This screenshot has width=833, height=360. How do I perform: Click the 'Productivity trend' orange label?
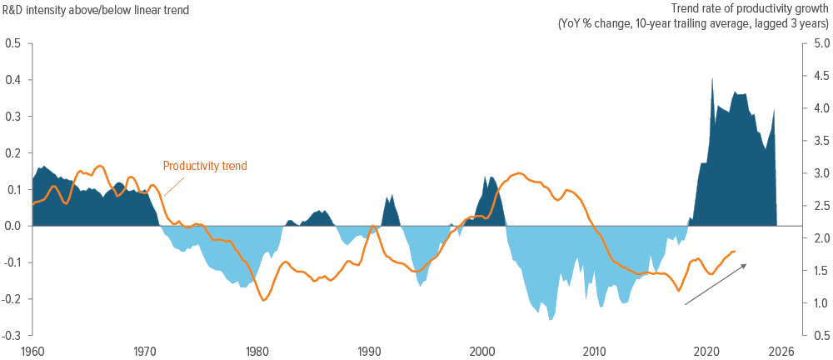click(x=205, y=166)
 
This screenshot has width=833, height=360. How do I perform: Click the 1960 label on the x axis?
click(x=32, y=351)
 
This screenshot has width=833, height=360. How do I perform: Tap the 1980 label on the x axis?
click(x=257, y=351)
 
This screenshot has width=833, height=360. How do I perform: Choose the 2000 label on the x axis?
click(x=482, y=351)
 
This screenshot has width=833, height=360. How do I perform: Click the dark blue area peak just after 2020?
click(x=712, y=78)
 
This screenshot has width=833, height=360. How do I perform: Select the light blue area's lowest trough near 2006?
click(x=550, y=319)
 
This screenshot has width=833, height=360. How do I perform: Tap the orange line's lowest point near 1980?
click(x=264, y=300)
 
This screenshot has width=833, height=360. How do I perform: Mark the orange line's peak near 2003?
click(x=519, y=173)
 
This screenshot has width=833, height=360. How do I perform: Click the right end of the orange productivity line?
click(x=736, y=251)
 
